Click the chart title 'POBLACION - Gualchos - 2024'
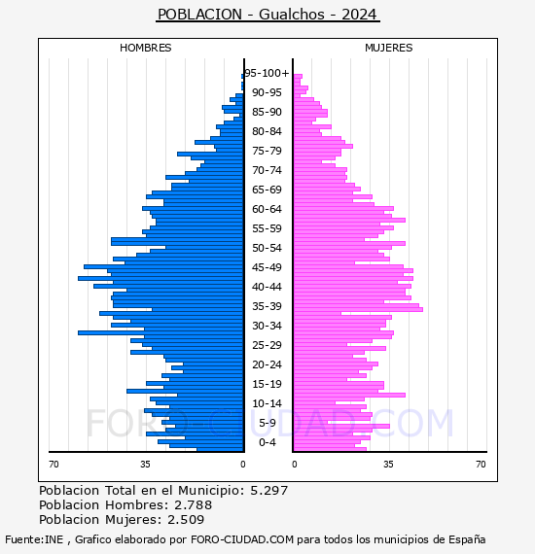pyautogui.click(x=267, y=15)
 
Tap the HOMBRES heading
pyautogui.click(x=145, y=48)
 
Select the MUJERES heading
pyautogui.click(x=389, y=48)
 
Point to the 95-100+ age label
pyautogui.click(x=267, y=73)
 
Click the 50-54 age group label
pyautogui.click(x=267, y=248)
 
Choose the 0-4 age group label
pyautogui.click(x=267, y=442)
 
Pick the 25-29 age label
pyautogui.click(x=267, y=345)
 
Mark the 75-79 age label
pyautogui.click(x=267, y=151)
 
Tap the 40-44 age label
pyautogui.click(x=267, y=287)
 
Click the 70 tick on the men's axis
pyautogui.click(x=53, y=464)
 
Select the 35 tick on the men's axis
pyautogui.click(x=145, y=464)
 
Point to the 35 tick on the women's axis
pyautogui.click(x=388, y=464)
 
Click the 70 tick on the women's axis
pyautogui.click(x=481, y=464)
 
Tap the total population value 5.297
pyautogui.click(x=269, y=491)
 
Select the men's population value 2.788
pyautogui.click(x=193, y=504)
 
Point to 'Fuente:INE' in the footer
pyautogui.click(x=34, y=539)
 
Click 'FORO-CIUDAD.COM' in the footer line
pyautogui.click(x=242, y=539)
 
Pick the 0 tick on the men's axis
pyautogui.click(x=242, y=464)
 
